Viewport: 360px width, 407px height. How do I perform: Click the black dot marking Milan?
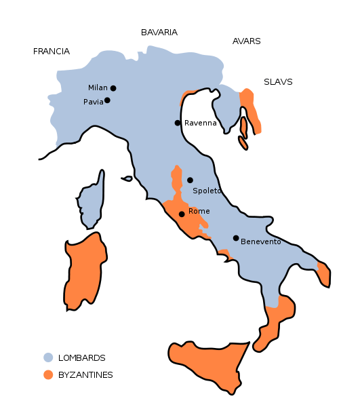[113, 88]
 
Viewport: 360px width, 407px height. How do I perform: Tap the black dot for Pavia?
[107, 100]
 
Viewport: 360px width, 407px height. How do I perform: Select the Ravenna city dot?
[178, 123]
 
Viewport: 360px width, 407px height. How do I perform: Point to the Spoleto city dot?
[191, 180]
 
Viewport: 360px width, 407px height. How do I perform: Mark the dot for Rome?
[182, 214]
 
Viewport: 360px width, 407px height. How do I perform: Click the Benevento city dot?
[236, 238]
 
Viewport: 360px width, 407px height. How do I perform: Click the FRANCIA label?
[52, 52]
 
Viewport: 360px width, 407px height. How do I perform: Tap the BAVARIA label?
[159, 33]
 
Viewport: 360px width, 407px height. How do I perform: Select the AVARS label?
[246, 41]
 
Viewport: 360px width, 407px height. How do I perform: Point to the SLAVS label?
[278, 82]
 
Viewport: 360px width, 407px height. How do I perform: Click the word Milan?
[98, 88]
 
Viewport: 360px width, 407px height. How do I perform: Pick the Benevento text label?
[261, 242]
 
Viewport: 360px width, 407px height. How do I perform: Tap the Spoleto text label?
[207, 191]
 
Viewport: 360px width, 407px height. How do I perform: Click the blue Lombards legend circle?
[48, 357]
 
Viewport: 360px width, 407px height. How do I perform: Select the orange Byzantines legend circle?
[48, 374]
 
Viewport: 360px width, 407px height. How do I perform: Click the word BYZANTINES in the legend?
[85, 375]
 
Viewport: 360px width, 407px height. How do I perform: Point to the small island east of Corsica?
[127, 179]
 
